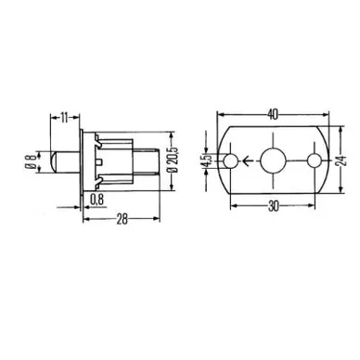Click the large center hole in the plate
pos(273,160)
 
